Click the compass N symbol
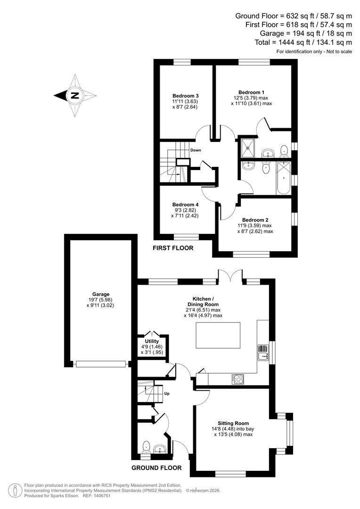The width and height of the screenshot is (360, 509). tap(74, 95)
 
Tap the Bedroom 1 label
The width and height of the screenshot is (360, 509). tap(251, 92)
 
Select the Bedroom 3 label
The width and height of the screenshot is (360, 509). tap(185, 96)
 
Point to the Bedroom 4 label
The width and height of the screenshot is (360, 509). tap(185, 205)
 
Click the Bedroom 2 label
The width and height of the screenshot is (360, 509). tap(255, 220)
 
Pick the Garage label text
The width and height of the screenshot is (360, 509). tap(101, 295)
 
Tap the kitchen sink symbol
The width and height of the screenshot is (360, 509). tap(262, 352)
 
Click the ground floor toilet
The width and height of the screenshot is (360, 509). tap(147, 445)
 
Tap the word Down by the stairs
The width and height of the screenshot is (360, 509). tap(196, 150)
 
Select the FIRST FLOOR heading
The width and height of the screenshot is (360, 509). tap(173, 248)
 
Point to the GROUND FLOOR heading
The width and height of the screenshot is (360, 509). tap(157, 468)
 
